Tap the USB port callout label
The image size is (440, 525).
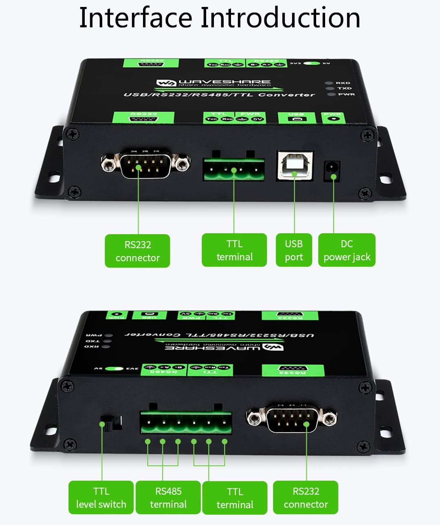[294, 250]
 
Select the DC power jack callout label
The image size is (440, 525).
[347, 250]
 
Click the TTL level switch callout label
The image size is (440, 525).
[101, 497]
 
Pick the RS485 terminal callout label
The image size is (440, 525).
[168, 497]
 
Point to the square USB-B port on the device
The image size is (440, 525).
[295, 165]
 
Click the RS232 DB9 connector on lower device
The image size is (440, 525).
[292, 417]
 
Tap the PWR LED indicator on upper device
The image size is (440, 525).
[331, 94]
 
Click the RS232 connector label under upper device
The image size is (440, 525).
[137, 251]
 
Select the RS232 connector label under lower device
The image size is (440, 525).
[306, 497]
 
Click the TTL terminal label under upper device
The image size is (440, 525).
[234, 250]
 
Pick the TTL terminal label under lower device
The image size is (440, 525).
[235, 498]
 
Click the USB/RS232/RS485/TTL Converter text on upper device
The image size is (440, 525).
[219, 95]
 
